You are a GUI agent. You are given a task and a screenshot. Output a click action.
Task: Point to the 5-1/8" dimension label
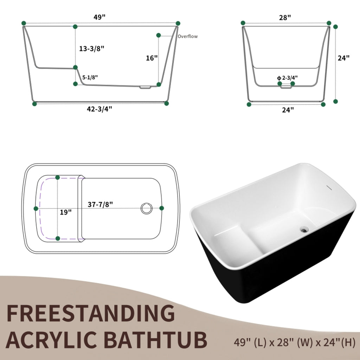(90, 77)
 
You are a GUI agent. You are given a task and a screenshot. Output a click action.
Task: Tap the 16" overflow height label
(152, 58)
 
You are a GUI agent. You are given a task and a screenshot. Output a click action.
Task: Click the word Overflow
(188, 36)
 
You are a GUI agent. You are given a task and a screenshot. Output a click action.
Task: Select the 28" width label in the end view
(285, 17)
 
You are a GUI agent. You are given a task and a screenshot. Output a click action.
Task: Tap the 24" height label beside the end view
(344, 58)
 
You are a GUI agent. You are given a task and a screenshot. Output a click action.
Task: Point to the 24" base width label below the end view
(288, 110)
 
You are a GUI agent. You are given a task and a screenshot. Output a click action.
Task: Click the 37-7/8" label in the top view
(100, 204)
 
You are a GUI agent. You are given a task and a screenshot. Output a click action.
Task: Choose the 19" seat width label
(65, 212)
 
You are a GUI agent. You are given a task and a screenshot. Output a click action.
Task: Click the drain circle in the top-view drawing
(146, 208)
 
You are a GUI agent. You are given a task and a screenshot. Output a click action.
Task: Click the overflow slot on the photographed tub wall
(329, 188)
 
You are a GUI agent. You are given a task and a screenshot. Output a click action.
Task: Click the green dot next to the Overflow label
(159, 35)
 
